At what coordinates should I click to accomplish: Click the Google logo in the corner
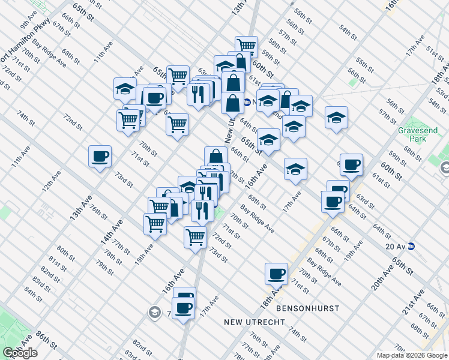20,353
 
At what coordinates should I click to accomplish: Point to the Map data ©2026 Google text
412,355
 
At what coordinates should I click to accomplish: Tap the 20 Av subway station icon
411,245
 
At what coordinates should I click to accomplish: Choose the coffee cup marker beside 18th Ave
276,274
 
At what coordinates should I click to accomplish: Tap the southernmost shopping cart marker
196,237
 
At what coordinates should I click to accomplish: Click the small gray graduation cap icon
155,312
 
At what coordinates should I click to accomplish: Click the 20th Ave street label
381,277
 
